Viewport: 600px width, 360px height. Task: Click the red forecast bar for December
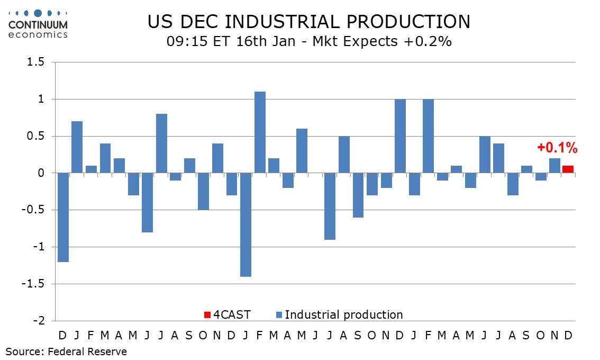pos(568,169)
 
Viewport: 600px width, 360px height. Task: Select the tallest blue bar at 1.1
pos(260,132)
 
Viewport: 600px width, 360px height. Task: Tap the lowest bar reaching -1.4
pos(246,224)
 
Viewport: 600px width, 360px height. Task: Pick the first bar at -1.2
pos(63,217)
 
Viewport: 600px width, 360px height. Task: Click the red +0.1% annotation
pos(557,148)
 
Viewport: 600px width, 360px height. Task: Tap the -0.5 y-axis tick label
pos(40,210)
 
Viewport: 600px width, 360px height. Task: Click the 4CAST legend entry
pos(232,315)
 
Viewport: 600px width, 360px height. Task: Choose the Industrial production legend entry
pos(344,315)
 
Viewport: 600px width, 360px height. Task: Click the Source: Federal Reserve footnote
pos(66,351)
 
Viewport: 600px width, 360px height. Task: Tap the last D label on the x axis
pos(568,335)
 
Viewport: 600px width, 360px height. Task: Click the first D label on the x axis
pos(63,335)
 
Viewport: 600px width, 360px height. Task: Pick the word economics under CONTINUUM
pos(38,34)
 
